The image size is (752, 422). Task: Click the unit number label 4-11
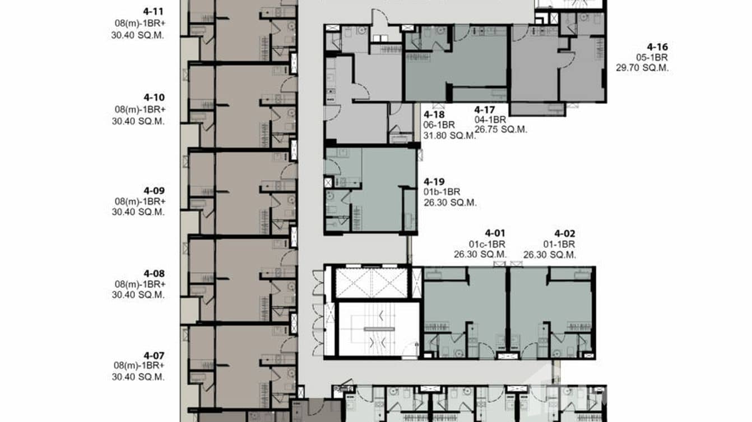point(154,11)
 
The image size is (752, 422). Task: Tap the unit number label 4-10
point(154,97)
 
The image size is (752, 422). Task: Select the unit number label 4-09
point(154,190)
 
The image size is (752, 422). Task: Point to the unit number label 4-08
point(154,274)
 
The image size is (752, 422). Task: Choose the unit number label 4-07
point(154,355)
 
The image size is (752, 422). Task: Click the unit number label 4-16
point(657,47)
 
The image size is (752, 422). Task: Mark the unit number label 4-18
point(435,114)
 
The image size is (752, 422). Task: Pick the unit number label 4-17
point(485,110)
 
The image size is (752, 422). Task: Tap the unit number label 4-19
point(434,181)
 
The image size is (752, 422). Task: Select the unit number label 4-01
point(495,233)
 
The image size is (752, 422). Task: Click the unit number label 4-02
point(565,233)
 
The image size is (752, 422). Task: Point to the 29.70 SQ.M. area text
point(643,68)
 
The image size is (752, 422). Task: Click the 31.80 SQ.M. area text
point(450,135)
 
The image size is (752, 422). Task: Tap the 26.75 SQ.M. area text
point(501,129)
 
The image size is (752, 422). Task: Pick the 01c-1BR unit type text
point(487,244)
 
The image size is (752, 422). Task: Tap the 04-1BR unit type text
point(490,119)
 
